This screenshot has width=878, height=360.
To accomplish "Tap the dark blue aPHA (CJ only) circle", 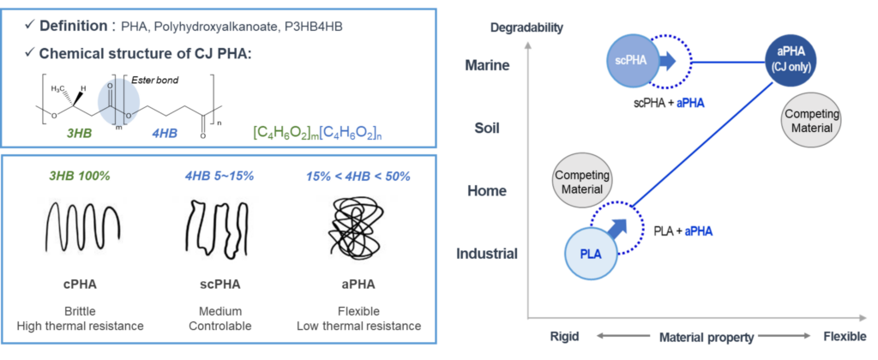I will tap(790, 61).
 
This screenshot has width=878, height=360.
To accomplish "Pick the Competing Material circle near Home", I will tap(582, 181).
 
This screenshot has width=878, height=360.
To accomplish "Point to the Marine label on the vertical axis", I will tap(486, 64).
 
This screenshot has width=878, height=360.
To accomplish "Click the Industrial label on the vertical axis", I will tap(486, 254).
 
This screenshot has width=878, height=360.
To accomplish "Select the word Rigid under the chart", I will tap(562, 338).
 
